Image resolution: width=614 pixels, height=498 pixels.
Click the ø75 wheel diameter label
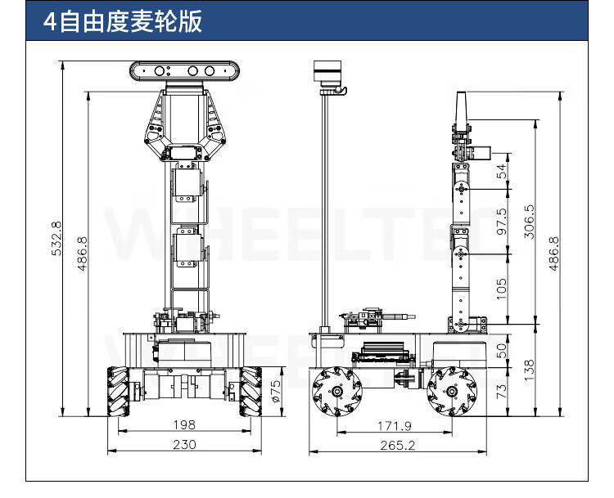tap(275, 385)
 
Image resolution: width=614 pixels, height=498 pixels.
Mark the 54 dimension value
tap(502, 171)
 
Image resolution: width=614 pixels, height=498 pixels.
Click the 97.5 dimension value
tap(502, 221)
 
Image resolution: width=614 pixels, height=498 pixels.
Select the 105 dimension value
tap(502, 287)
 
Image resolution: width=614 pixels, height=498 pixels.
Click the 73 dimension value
tap(502, 391)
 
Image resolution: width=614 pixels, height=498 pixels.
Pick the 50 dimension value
tap(502, 349)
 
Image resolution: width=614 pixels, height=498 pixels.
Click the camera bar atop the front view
tap(187, 72)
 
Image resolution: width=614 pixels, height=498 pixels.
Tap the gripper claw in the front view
tap(186, 123)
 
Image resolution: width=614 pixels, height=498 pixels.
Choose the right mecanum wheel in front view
tap(251, 391)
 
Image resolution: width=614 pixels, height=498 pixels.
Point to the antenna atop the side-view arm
tap(459, 108)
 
